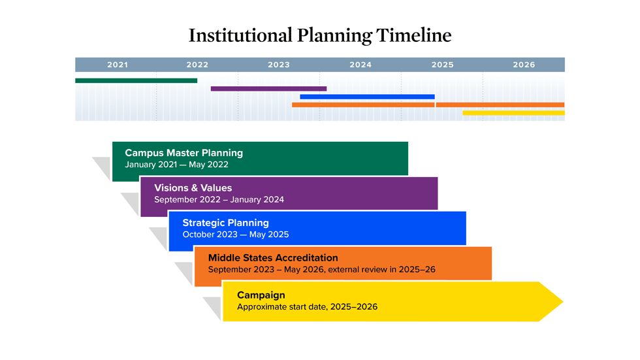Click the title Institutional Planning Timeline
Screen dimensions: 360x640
[320, 35]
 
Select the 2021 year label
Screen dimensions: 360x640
[118, 65]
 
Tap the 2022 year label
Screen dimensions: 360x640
[197, 65]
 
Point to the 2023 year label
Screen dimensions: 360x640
[279, 65]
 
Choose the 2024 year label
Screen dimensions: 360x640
[360, 65]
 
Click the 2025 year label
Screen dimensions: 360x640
[442, 65]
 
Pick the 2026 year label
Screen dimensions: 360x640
[524, 65]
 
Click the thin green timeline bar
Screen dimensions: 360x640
[136, 80]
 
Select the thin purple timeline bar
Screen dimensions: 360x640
[268, 88]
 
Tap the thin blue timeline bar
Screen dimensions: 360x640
[367, 97]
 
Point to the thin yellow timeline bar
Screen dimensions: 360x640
[513, 113]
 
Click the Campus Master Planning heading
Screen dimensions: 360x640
[184, 153]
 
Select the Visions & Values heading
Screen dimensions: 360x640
[193, 188]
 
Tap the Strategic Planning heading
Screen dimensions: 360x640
[225, 223]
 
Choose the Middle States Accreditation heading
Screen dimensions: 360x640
[273, 258]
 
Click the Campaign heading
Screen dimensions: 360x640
[261, 295]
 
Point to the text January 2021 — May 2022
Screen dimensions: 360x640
[176, 165]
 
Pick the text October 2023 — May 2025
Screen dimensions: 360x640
[235, 235]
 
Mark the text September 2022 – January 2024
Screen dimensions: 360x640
[219, 200]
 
